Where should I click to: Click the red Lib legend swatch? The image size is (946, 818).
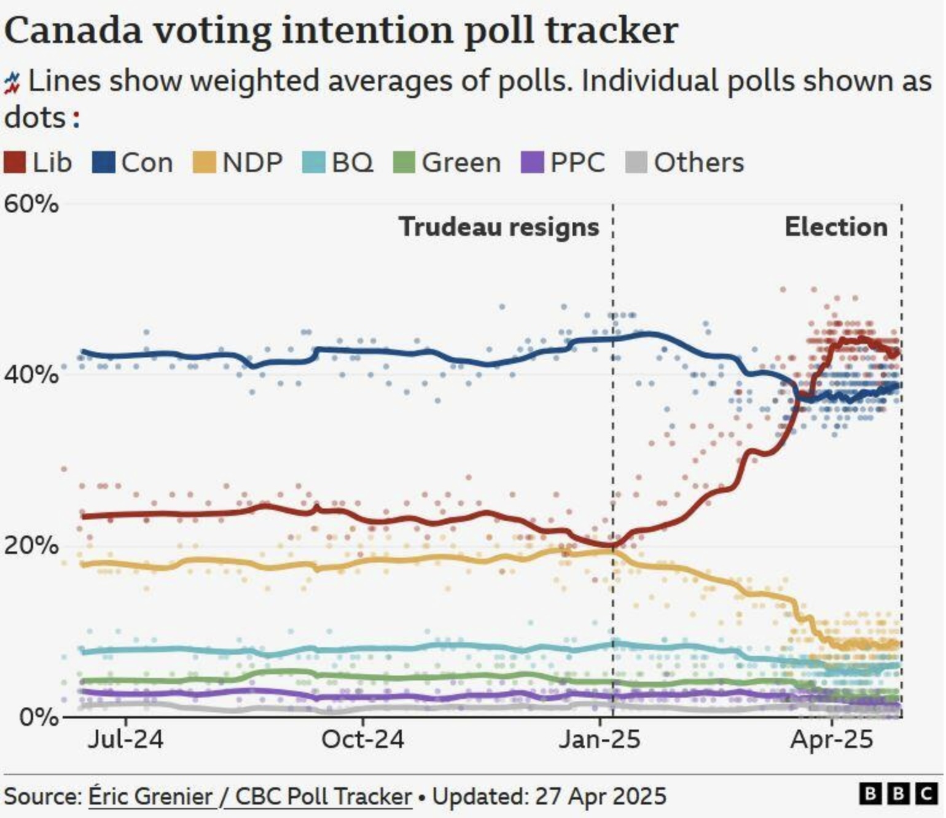[x=15, y=163]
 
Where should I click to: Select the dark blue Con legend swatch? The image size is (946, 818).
[x=103, y=163]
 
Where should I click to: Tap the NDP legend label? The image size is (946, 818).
[x=252, y=163]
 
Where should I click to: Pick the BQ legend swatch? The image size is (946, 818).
[x=313, y=163]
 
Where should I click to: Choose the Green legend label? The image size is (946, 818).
[x=461, y=163]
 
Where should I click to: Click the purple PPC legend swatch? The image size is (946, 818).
[x=532, y=163]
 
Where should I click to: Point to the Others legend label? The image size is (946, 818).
[x=698, y=163]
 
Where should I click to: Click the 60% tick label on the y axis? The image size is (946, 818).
[x=31, y=204]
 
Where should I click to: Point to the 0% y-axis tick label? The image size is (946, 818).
[x=39, y=716]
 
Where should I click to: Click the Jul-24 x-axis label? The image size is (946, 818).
[x=125, y=739]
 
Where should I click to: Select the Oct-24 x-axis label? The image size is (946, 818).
[x=362, y=739]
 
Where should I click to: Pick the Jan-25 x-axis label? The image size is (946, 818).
[x=599, y=739]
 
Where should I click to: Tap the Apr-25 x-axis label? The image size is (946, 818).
[x=832, y=739]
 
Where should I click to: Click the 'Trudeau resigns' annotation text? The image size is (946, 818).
[x=499, y=227]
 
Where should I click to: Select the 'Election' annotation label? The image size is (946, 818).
[x=836, y=227]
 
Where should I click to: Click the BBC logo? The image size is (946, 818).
[x=897, y=794]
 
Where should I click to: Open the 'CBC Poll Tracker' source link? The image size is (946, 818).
[x=323, y=797]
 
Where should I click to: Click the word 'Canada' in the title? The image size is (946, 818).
[x=73, y=31]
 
